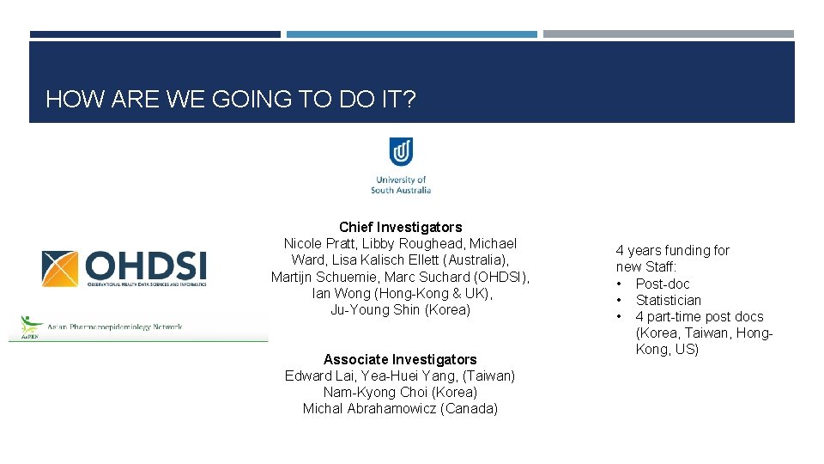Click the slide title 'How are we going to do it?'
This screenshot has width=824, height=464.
point(230,100)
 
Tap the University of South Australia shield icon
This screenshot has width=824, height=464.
point(401,152)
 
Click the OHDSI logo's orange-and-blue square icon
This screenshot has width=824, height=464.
point(60,269)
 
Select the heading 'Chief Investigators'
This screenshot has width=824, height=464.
point(400,227)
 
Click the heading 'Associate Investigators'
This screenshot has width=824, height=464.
point(400,359)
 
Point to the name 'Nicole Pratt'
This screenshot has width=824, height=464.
point(318,243)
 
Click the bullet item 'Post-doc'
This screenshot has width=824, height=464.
point(663,284)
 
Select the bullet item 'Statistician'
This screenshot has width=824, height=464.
point(668,300)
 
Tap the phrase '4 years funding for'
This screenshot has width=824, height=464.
point(672,250)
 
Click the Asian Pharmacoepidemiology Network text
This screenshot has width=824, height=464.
point(116,327)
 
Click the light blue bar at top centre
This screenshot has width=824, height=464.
point(411,34)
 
